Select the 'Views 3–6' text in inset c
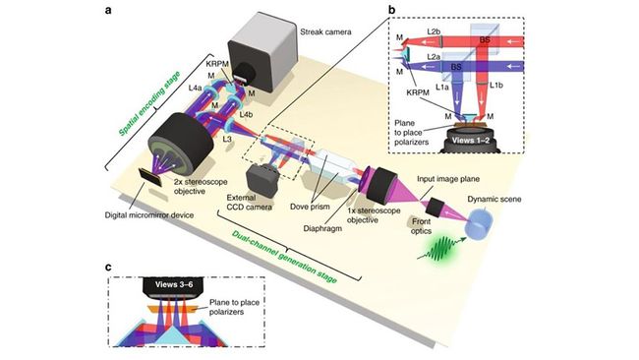(188, 285)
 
